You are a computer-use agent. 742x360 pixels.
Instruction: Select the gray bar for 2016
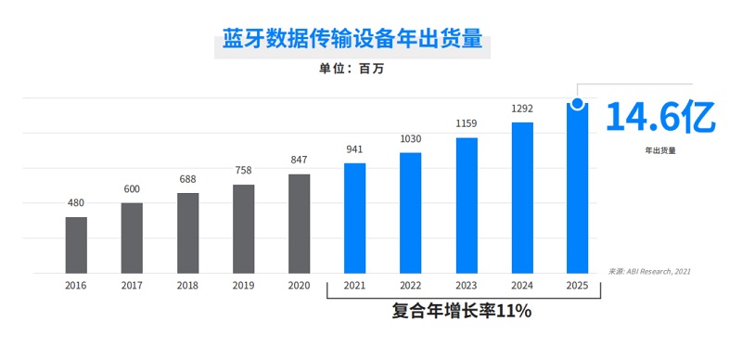click(x=76, y=245)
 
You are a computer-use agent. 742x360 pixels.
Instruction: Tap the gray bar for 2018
click(x=188, y=233)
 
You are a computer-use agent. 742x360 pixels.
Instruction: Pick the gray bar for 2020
click(x=299, y=224)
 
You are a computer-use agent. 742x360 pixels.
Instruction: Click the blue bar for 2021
click(x=354, y=218)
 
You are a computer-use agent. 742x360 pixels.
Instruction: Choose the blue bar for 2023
click(x=467, y=205)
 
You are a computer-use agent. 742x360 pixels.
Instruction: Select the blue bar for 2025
click(x=578, y=190)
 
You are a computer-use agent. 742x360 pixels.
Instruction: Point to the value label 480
click(x=76, y=203)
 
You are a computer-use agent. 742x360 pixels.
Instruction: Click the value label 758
click(x=243, y=171)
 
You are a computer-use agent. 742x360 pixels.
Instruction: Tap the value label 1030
click(x=410, y=139)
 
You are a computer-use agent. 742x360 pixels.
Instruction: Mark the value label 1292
click(x=522, y=109)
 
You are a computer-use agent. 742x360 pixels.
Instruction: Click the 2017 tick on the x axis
click(x=132, y=286)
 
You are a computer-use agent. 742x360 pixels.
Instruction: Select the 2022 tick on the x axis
click(x=410, y=286)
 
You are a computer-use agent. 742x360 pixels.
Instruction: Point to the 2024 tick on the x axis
click(x=522, y=286)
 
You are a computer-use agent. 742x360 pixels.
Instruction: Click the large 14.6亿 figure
click(x=660, y=118)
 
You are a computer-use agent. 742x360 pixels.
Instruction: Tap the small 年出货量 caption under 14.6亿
click(x=660, y=149)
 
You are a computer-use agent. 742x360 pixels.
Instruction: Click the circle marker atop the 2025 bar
click(x=578, y=104)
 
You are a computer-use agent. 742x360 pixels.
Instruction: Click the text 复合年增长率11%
click(x=461, y=311)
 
